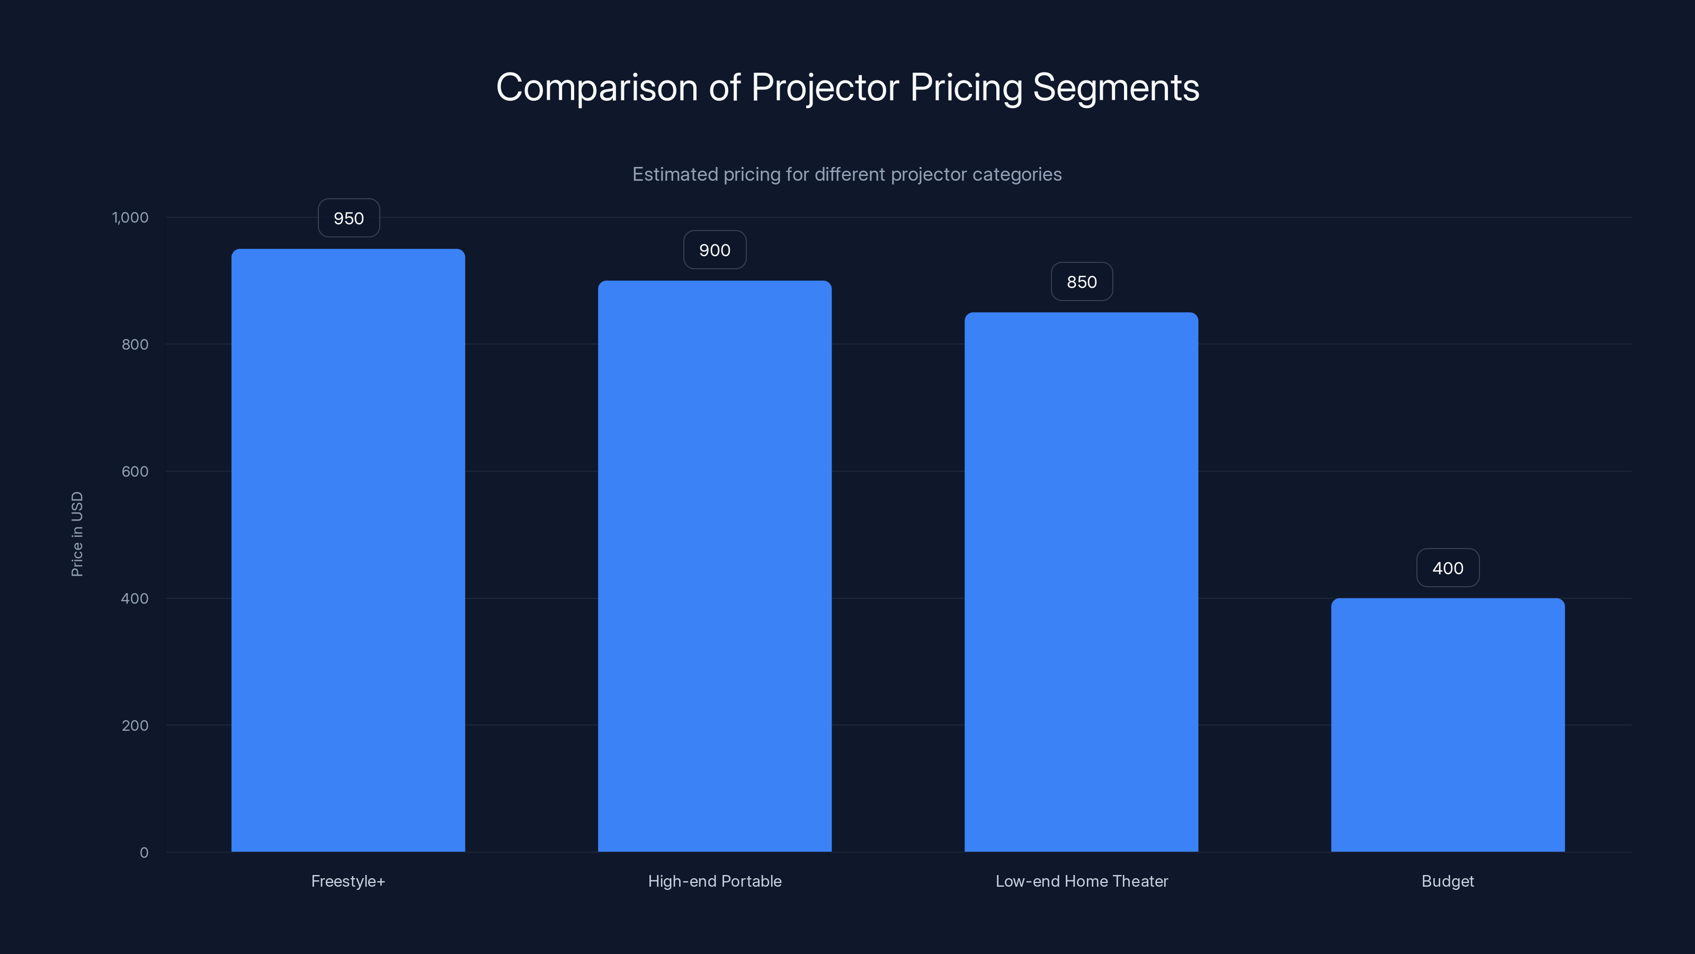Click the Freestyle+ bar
(348, 551)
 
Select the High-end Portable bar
(715, 566)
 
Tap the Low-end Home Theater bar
(1081, 582)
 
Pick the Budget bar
(1448, 725)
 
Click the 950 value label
(349, 218)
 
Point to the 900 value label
(715, 250)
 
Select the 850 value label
(1082, 282)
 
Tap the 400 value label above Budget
(1448, 568)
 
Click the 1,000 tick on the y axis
(130, 217)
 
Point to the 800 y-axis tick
(135, 344)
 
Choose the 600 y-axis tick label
(135, 471)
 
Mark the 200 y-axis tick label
(135, 726)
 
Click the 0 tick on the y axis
(144, 853)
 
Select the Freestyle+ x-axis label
(348, 881)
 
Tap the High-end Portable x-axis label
(715, 881)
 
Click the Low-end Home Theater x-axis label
(1082, 881)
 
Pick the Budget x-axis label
(1448, 881)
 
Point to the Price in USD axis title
(77, 534)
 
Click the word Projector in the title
(825, 87)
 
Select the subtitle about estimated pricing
(847, 174)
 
